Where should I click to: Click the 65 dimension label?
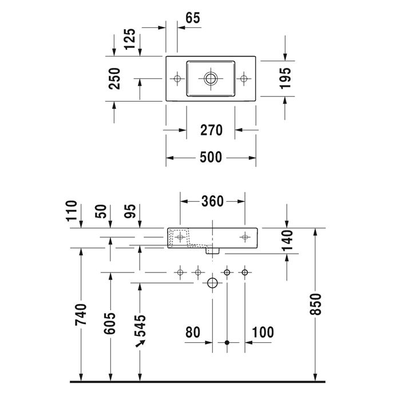(x=193, y=18)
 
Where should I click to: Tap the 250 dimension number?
(x=115, y=78)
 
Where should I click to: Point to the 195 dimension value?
(x=286, y=78)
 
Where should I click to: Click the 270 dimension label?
(x=211, y=130)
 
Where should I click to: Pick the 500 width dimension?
(x=211, y=158)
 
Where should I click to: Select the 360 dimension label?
(x=213, y=201)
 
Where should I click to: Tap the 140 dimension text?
(x=287, y=241)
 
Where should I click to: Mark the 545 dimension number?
(x=140, y=326)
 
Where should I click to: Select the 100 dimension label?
(x=262, y=332)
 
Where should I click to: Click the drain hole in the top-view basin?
(x=211, y=77)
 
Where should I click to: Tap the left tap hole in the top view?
(x=177, y=77)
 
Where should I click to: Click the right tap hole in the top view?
(x=245, y=77)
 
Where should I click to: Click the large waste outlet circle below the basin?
(x=212, y=283)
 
